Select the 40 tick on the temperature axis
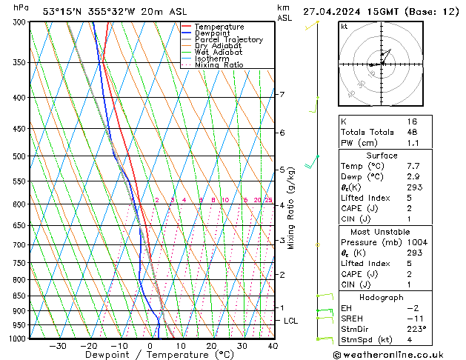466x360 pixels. [273, 345]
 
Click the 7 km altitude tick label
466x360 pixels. [282, 94]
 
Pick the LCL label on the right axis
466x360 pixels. [291, 321]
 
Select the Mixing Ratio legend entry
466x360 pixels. [219, 65]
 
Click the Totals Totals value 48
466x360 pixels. [412, 131]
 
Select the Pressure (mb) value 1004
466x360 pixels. [419, 242]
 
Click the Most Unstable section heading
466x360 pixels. [382, 232]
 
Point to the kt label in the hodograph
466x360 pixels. [344, 26]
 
